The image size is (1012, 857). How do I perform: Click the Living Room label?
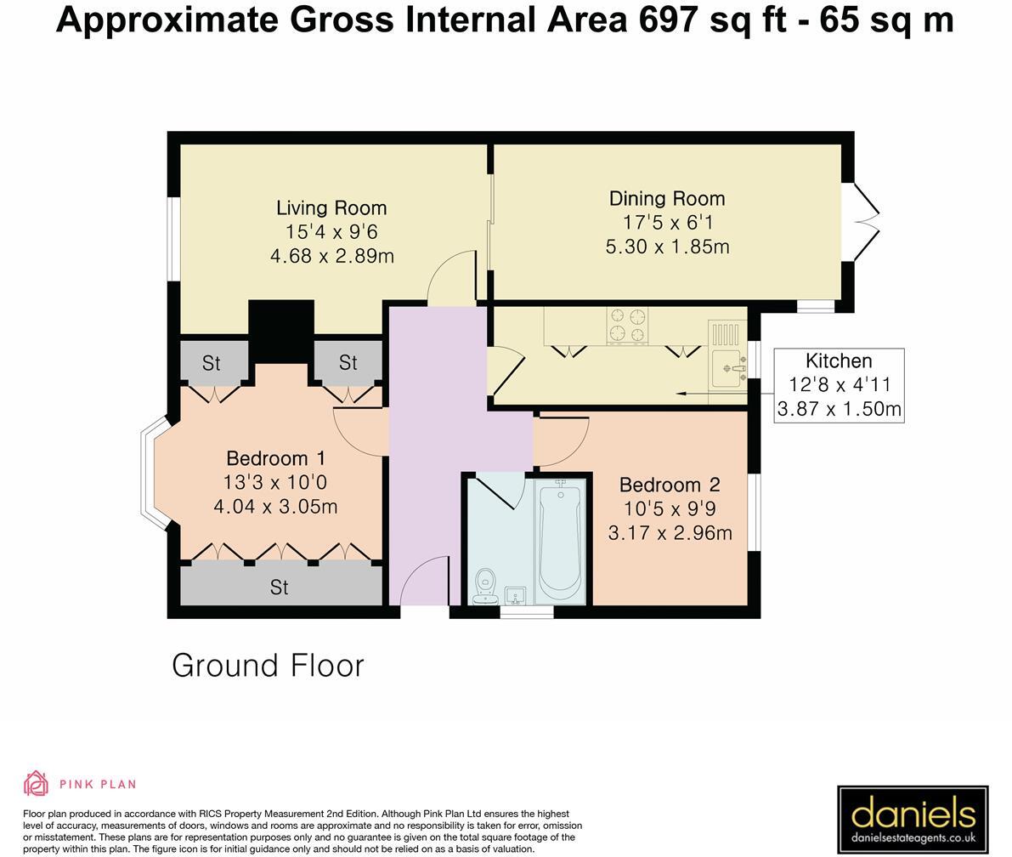[x=331, y=207]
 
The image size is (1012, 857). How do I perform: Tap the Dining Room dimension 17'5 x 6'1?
[x=667, y=222]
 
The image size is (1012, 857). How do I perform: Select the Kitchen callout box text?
[x=839, y=384]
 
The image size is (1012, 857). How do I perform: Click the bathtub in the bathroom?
[x=559, y=539]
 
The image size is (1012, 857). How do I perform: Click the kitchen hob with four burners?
[x=627, y=326]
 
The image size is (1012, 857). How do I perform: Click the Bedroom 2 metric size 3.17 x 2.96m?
[x=670, y=533]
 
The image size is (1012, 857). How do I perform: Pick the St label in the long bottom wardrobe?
[x=279, y=587]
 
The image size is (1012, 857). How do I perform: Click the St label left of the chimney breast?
[x=211, y=363]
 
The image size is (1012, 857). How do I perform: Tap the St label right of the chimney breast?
[x=348, y=362]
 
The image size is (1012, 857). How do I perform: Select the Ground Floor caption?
[x=268, y=665]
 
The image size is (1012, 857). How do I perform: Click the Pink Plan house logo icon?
[x=36, y=783]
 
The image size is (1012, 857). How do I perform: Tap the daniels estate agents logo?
[x=913, y=820]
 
